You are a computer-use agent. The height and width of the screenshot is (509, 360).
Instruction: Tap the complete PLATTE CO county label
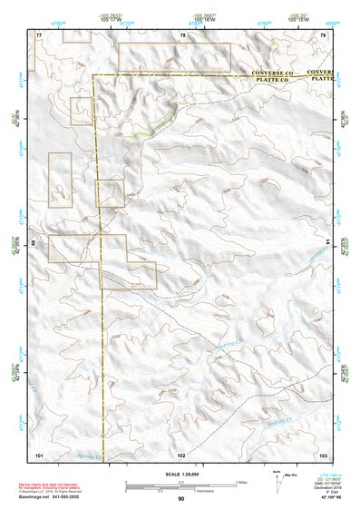pos(270,79)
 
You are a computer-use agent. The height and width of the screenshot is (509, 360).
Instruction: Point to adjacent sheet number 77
pos(39,34)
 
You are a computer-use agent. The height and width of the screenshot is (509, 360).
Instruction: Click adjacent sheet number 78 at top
pos(182,34)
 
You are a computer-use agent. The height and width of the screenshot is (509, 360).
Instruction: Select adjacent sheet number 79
pos(323,34)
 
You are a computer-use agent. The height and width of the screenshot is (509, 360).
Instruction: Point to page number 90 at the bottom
pos(181,499)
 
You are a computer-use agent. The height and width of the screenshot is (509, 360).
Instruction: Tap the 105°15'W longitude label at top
pos(295,20)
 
